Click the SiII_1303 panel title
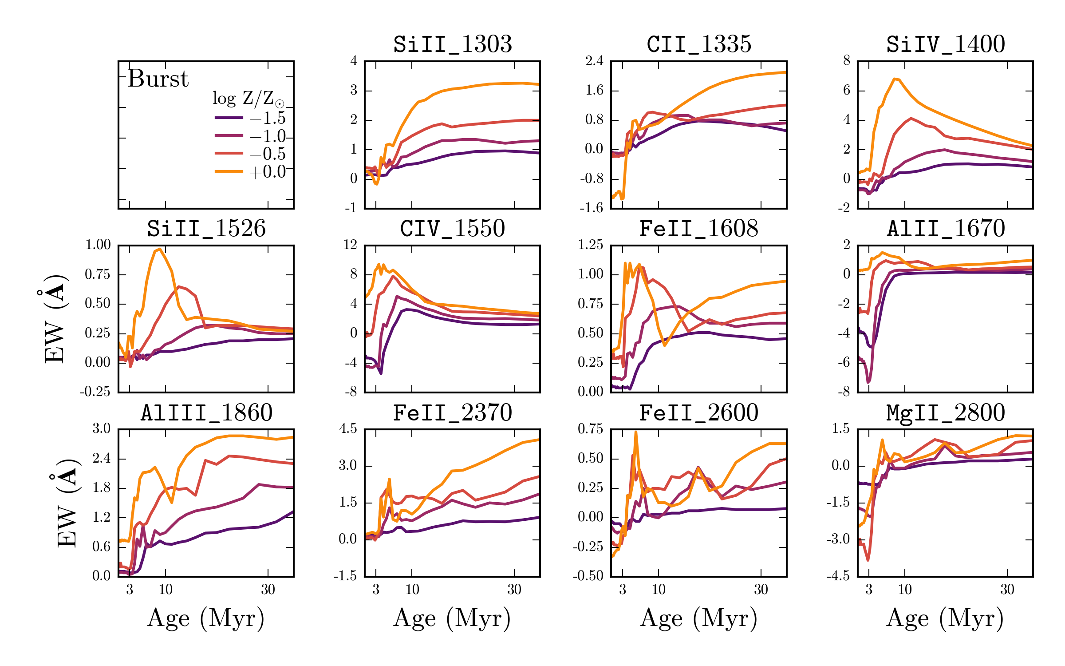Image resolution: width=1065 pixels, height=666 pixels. tap(453, 44)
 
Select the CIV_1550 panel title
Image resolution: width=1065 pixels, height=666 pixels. tap(453, 229)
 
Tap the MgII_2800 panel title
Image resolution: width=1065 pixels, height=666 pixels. tap(946, 413)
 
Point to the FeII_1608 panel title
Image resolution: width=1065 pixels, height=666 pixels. tap(699, 229)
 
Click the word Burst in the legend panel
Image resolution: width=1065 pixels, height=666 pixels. tap(158, 79)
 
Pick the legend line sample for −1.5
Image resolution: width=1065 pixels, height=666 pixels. tap(229, 118)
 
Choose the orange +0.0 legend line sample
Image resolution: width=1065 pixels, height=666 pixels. tap(229, 171)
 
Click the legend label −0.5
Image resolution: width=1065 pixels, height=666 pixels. tap(268, 154)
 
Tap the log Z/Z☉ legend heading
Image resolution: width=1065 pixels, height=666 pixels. tap(248, 99)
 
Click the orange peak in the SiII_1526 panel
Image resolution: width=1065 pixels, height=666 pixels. tap(159, 249)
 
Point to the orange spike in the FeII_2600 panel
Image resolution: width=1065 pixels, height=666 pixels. tap(635, 432)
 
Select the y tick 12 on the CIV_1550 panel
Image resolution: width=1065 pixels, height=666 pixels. tap(350, 245)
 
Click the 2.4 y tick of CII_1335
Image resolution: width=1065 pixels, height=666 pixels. tap(594, 61)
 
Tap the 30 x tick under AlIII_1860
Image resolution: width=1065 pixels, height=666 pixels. tap(268, 590)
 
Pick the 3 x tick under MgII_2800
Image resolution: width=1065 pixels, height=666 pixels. tap(869, 590)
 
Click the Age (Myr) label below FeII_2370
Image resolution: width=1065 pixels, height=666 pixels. tap(452, 618)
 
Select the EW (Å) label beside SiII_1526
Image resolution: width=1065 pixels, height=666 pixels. tap(56, 319)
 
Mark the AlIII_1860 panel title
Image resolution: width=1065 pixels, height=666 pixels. tap(206, 413)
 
